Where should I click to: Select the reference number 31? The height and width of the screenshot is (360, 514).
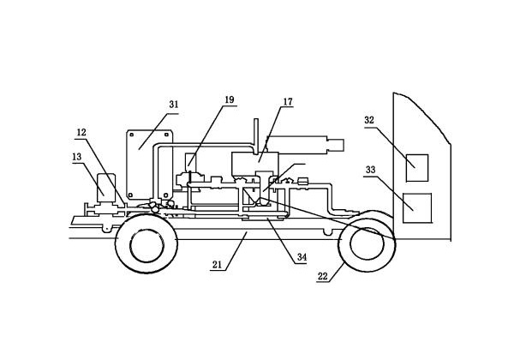click(173, 105)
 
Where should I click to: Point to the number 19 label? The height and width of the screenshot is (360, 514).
click(229, 100)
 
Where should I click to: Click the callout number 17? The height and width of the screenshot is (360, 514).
click(288, 102)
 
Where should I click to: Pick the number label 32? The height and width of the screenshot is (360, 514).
click(369, 120)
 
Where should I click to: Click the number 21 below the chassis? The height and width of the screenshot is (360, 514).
click(218, 267)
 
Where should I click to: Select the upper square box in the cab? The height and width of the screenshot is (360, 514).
click(416, 166)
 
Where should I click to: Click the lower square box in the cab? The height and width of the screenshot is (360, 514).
click(416, 207)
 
